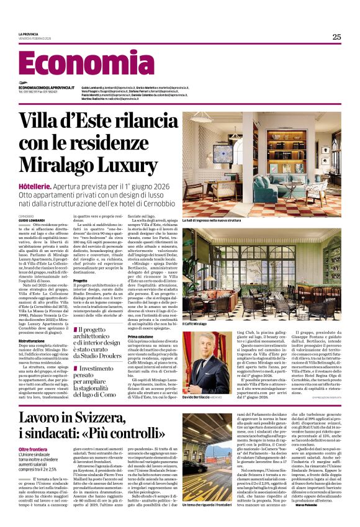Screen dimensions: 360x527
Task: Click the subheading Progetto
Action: click(x=81, y=280)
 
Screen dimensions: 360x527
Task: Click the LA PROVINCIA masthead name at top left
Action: click(x=29, y=34)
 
